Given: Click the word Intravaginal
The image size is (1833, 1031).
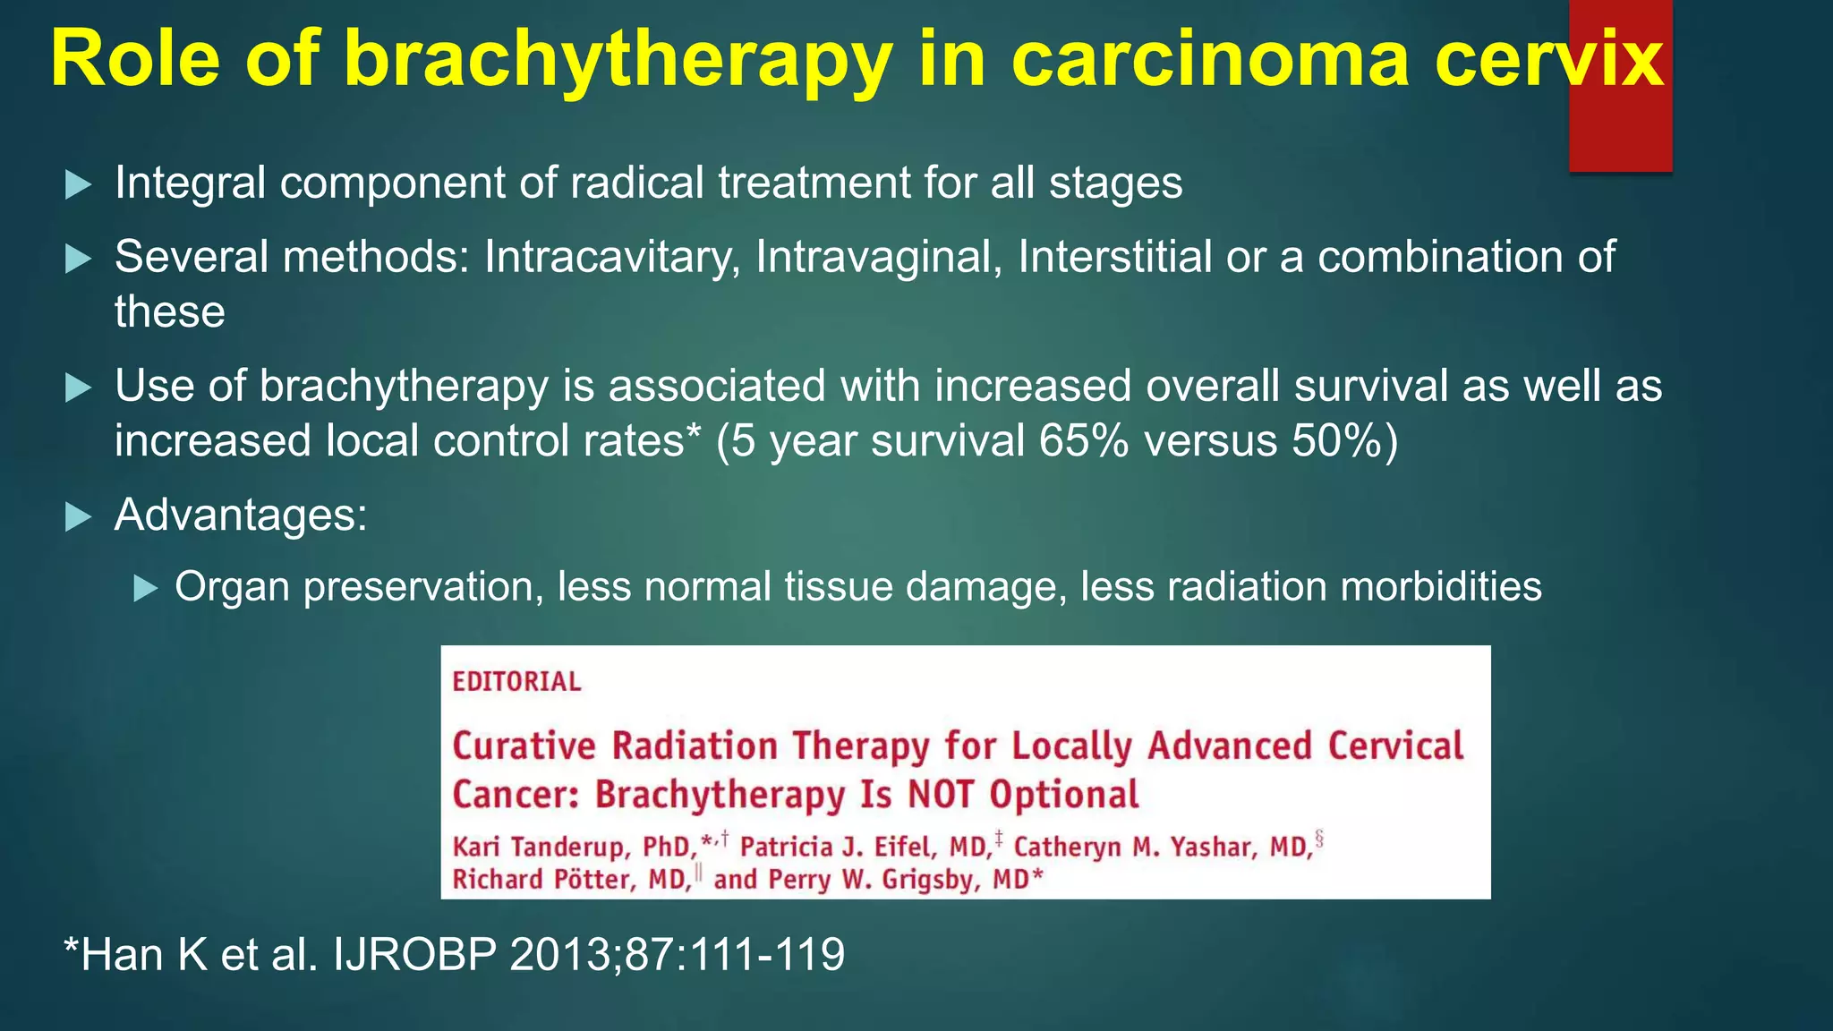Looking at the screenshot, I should click(878, 257).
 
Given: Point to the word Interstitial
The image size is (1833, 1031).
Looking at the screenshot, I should click(1114, 257).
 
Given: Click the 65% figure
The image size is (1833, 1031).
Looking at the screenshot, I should click(1083, 441).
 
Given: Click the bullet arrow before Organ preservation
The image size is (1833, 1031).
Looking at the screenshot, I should click(145, 588).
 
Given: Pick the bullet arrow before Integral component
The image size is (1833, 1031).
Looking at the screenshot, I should click(79, 184).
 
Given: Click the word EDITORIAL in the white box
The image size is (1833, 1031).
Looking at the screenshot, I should click(516, 682).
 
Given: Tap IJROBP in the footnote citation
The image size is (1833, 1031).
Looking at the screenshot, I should click(414, 954).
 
